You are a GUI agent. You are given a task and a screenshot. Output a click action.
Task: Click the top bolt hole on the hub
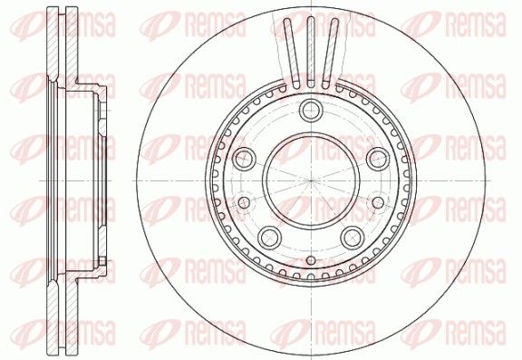point(311,111)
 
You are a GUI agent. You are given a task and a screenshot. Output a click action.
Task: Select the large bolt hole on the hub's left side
point(244,159)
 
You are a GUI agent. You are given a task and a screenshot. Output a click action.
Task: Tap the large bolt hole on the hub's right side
point(378,159)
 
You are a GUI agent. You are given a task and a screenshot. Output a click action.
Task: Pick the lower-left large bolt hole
point(269,238)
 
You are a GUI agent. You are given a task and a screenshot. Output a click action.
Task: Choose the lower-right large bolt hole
point(353,238)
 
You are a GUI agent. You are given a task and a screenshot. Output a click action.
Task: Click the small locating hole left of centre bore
point(244,202)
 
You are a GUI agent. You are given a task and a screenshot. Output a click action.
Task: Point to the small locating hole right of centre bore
point(378,202)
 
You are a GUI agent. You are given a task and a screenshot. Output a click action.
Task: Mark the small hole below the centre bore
point(311,260)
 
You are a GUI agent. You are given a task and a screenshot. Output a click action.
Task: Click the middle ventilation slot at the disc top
point(311,53)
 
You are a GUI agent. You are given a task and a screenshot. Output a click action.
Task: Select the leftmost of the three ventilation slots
point(292,54)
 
